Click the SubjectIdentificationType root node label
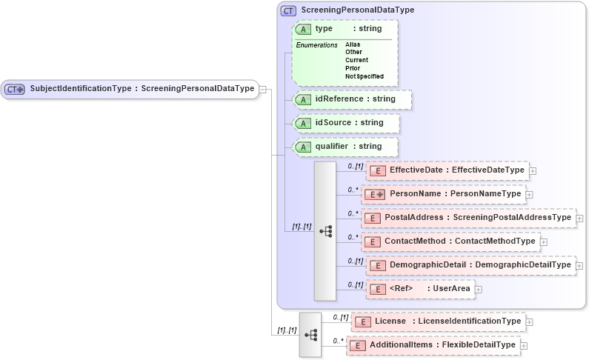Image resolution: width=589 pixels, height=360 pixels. click(x=141, y=89)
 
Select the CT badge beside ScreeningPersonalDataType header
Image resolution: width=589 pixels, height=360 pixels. click(x=289, y=11)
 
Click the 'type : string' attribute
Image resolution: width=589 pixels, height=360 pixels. click(x=348, y=29)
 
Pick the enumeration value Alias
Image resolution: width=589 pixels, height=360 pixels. click(x=353, y=44)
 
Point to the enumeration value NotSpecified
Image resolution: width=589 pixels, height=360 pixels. click(x=364, y=76)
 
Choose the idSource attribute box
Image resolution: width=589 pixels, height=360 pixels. click(x=345, y=123)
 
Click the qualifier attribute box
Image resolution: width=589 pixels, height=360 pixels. click(x=345, y=147)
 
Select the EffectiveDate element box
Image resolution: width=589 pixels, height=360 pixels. click(x=447, y=170)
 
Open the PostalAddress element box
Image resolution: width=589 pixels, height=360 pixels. click(x=467, y=218)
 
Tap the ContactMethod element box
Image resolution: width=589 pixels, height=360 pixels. click(x=450, y=241)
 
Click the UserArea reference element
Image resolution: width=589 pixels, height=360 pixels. click(x=419, y=289)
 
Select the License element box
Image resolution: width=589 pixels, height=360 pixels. click(x=438, y=321)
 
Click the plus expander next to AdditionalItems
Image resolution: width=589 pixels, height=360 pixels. click(x=524, y=345)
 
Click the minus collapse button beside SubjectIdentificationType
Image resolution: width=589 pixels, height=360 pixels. click(x=262, y=90)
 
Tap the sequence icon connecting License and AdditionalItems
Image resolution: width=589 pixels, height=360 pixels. click(x=310, y=335)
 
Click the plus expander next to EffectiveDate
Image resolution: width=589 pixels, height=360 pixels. click(x=533, y=170)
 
